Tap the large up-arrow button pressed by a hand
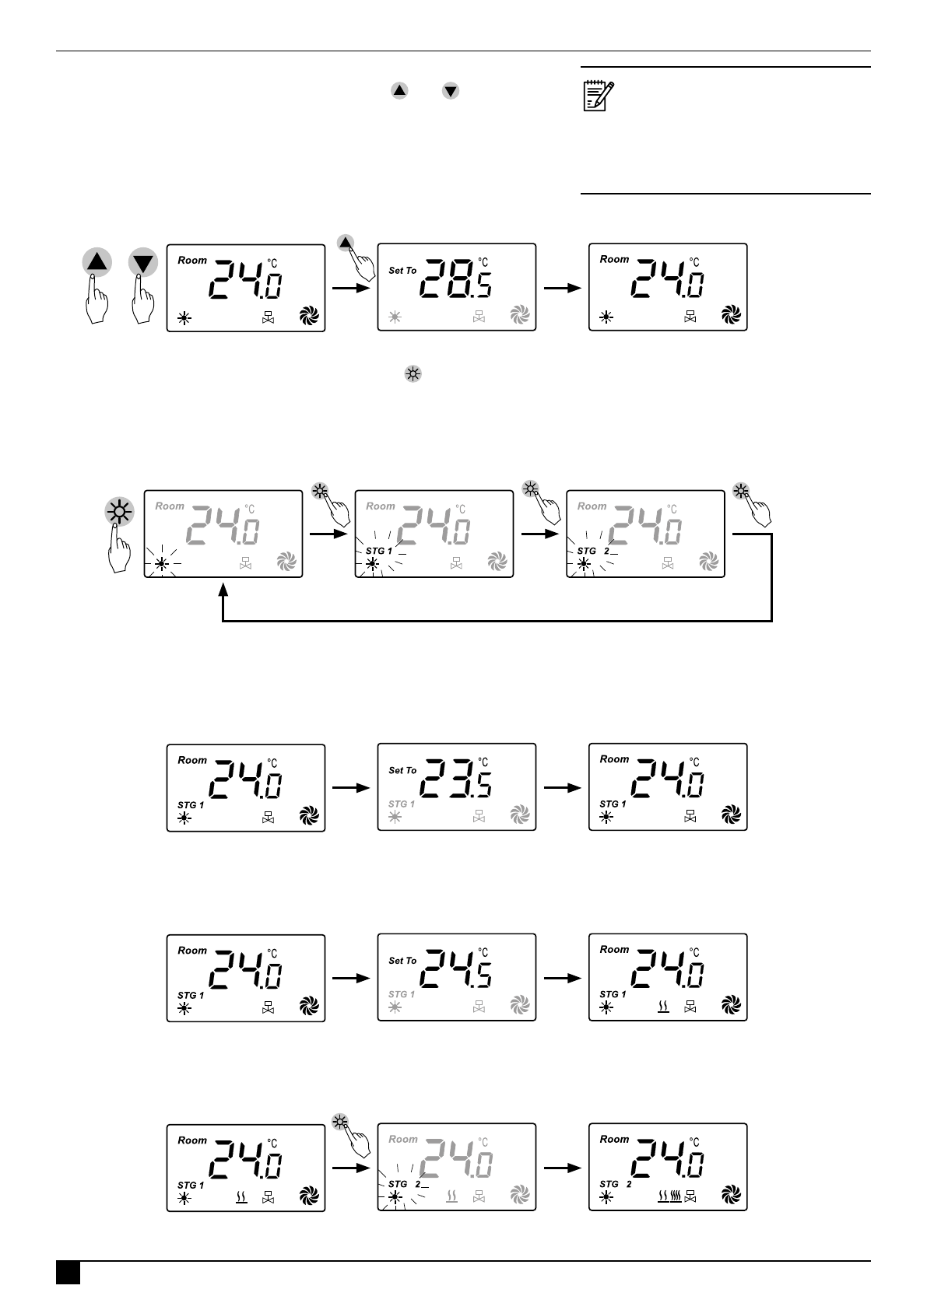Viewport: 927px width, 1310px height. pyautogui.click(x=97, y=262)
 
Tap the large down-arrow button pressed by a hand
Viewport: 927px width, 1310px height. pyautogui.click(x=143, y=262)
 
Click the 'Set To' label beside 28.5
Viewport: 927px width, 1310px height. pyautogui.click(x=402, y=271)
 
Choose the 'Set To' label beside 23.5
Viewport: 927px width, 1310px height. pyautogui.click(x=402, y=770)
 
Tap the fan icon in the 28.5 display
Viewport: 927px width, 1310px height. pyautogui.click(x=519, y=315)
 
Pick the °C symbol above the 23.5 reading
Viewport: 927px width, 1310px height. pyautogui.click(x=483, y=762)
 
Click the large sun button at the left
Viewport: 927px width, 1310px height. pyautogui.click(x=119, y=513)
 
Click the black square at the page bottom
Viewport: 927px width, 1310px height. pyautogui.click(x=68, y=1273)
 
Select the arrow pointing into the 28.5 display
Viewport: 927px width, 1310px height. pyautogui.click(x=351, y=288)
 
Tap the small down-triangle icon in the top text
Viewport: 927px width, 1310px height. pyautogui.click(x=451, y=91)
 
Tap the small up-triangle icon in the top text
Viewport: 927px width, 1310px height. pyautogui.click(x=399, y=91)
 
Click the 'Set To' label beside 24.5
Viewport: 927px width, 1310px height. pyautogui.click(x=402, y=961)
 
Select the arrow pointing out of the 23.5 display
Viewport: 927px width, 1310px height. pyautogui.click(x=562, y=787)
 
